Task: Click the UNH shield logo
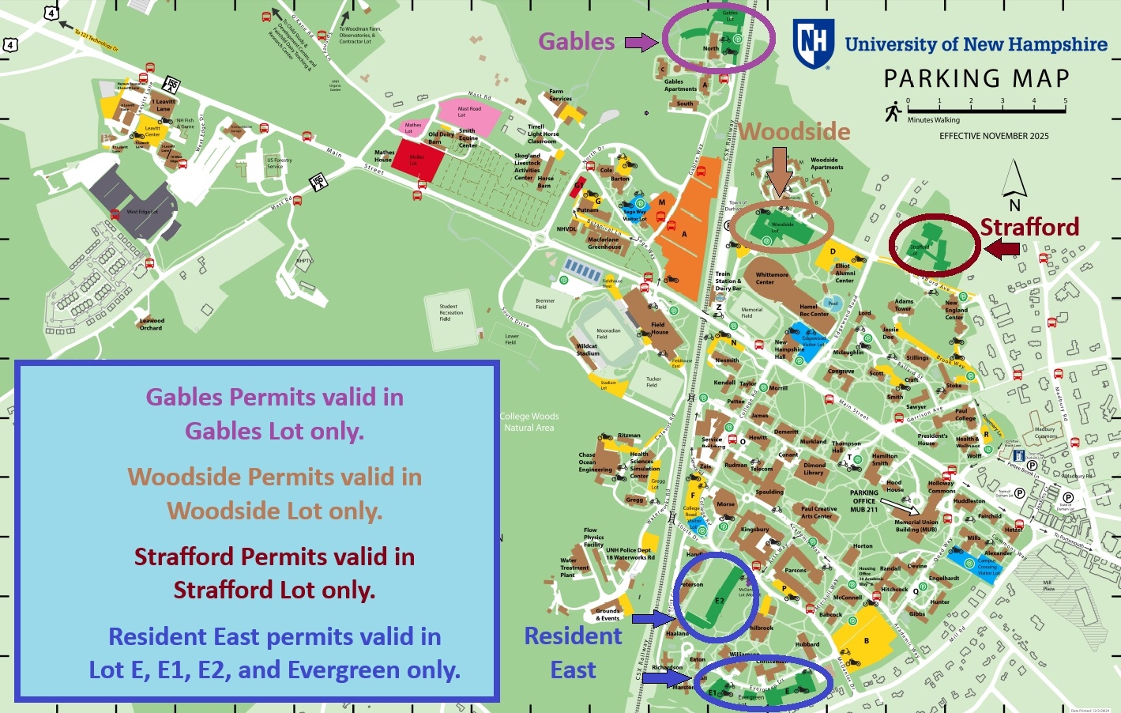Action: [814, 43]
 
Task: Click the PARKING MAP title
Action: [976, 79]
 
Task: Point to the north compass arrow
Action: [1015, 180]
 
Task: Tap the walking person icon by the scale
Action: [893, 111]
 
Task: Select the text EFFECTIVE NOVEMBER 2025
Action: [994, 136]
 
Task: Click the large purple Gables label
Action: [576, 42]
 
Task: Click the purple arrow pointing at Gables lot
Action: [641, 42]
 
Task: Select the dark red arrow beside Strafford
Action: [1002, 250]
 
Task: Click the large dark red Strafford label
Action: [1029, 227]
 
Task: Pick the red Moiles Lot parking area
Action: [419, 160]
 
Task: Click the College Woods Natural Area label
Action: [529, 422]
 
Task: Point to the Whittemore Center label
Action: [771, 278]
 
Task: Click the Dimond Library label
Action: [814, 469]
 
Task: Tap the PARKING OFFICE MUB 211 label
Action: [863, 501]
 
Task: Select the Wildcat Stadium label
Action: [587, 350]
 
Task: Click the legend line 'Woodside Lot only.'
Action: [275, 511]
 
